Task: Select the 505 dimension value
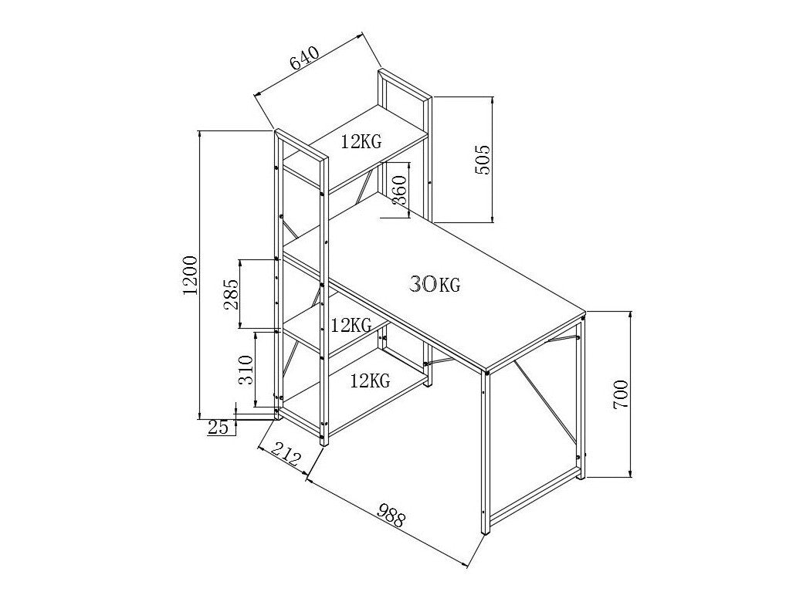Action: tap(483, 160)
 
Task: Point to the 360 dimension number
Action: tap(398, 189)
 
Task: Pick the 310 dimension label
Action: tap(246, 370)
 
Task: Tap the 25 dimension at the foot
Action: tap(219, 427)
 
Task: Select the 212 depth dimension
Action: tap(285, 457)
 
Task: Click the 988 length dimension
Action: tap(391, 516)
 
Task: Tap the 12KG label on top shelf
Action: tap(361, 141)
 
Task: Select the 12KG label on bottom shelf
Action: tap(369, 380)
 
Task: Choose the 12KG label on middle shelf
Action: tap(351, 324)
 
